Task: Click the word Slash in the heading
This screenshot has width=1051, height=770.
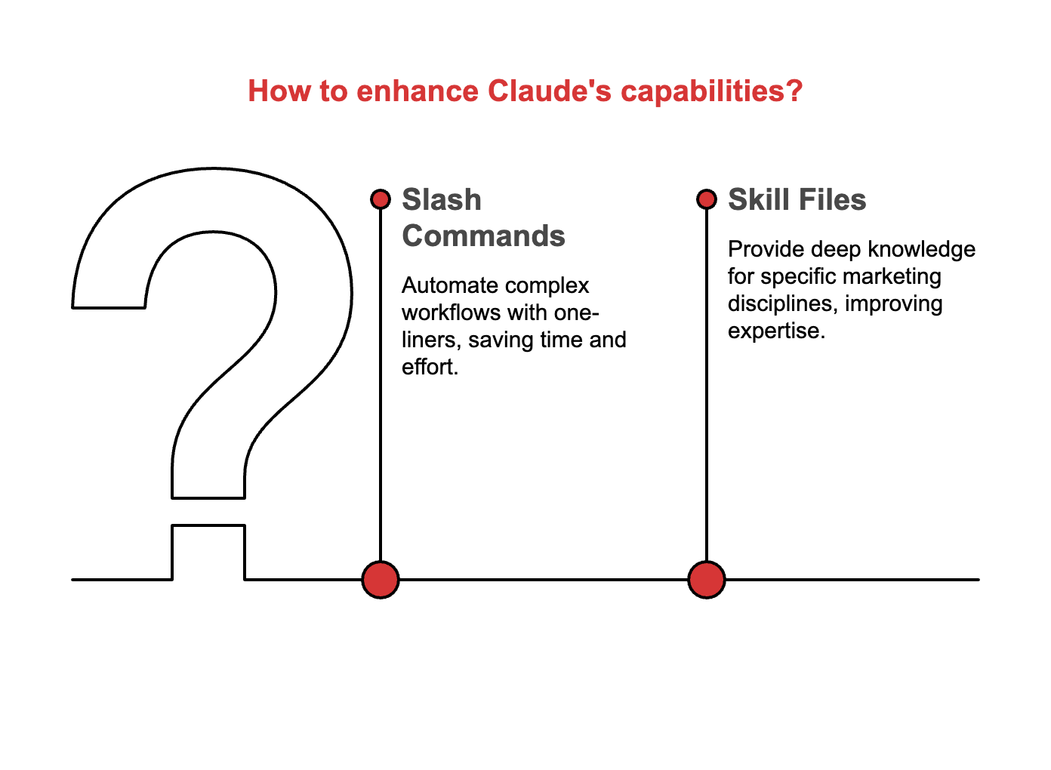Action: coord(442,200)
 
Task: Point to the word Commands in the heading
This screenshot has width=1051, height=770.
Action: coord(483,236)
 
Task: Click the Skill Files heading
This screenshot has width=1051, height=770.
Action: coord(797,200)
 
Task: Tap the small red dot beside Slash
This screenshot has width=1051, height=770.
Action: coord(381,199)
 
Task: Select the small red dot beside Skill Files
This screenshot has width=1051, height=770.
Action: coord(707,199)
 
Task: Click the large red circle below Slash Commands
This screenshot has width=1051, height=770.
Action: coord(381,580)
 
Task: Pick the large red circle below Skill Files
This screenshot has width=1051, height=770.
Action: coord(707,580)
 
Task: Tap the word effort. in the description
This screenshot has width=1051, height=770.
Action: coord(430,367)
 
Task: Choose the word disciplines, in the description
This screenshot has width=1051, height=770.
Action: coord(782,303)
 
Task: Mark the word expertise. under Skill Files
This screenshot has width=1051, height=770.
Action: coord(776,331)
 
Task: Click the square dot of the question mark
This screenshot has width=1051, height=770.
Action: coord(208,552)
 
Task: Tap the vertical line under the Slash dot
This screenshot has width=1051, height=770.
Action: coord(381,393)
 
